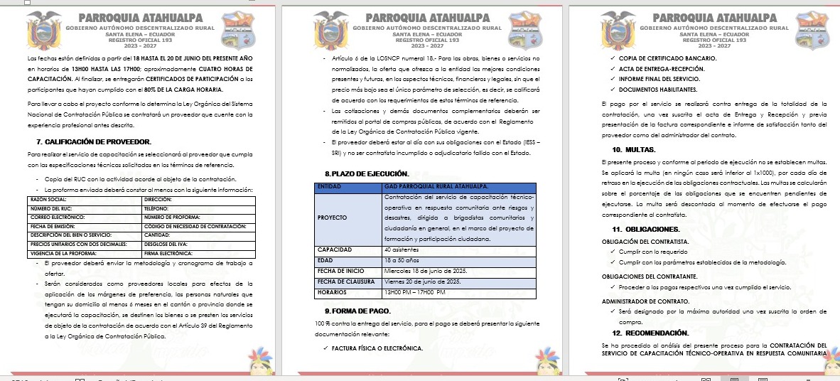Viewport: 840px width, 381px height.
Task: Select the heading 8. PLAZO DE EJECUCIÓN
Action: [x=367, y=173]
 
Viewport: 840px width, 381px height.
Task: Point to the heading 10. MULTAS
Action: [x=634, y=150]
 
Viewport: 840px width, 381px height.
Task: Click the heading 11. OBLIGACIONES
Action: [x=645, y=229]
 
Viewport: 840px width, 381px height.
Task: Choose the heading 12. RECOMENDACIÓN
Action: [x=650, y=333]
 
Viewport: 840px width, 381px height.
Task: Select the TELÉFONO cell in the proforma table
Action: [x=158, y=209]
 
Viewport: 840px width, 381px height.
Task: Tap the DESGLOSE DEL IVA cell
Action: [x=167, y=244]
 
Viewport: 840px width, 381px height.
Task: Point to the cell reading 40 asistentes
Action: [x=402, y=249]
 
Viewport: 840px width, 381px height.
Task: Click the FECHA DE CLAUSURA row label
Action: [x=344, y=281]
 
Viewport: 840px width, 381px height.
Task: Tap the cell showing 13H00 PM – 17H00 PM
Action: [x=414, y=292]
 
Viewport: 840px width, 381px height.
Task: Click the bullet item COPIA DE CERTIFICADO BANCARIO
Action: [x=667, y=58]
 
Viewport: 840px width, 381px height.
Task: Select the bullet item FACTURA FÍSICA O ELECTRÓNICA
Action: [x=377, y=348]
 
